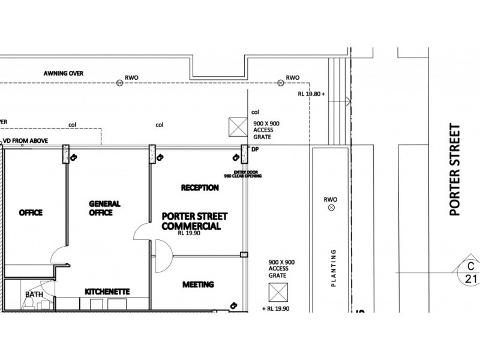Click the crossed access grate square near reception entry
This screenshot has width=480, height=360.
click(x=238, y=128)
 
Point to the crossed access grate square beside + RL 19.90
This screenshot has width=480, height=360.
click(x=278, y=292)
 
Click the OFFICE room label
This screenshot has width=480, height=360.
click(x=31, y=212)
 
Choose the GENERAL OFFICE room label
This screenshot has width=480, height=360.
click(x=105, y=208)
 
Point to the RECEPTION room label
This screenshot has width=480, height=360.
click(x=200, y=188)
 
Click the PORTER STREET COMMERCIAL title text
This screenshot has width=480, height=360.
click(x=191, y=221)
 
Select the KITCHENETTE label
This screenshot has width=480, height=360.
click(x=107, y=292)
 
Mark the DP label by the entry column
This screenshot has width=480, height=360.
click(x=255, y=149)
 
